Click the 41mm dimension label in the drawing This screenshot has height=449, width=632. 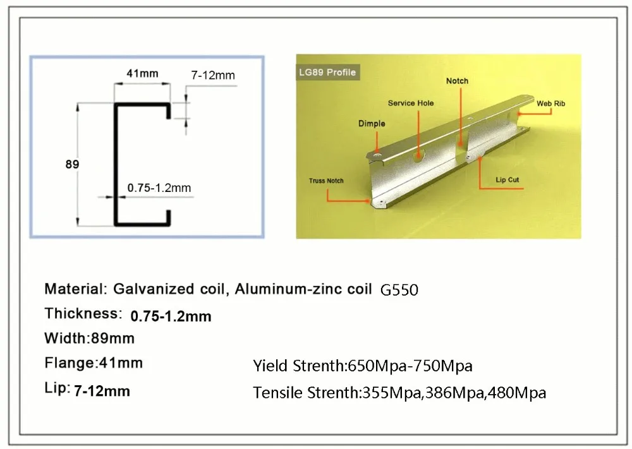tap(142, 73)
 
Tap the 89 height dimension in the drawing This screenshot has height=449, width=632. tap(72, 164)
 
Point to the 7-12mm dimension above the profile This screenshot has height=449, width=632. tap(213, 75)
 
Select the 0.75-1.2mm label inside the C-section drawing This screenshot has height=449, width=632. tap(159, 188)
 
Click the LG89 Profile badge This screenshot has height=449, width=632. tap(327, 73)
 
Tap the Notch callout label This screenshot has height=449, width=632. tap(457, 81)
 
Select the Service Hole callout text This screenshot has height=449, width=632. tap(411, 103)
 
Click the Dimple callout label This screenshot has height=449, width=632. tap(372, 124)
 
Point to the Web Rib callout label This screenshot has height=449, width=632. tap(550, 104)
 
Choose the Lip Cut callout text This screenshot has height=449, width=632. tap(507, 179)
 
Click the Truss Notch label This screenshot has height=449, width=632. tap(326, 181)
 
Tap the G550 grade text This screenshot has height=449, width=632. tap(399, 290)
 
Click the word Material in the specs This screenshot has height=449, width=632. tap(74, 289)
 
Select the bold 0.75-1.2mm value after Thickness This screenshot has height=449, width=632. tap(171, 316)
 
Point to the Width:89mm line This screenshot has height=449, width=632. tap(90, 338)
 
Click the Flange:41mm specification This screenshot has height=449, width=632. tap(94, 363)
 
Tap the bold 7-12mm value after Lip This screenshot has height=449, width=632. tap(102, 391)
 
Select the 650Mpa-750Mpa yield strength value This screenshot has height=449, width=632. tap(410, 366)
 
